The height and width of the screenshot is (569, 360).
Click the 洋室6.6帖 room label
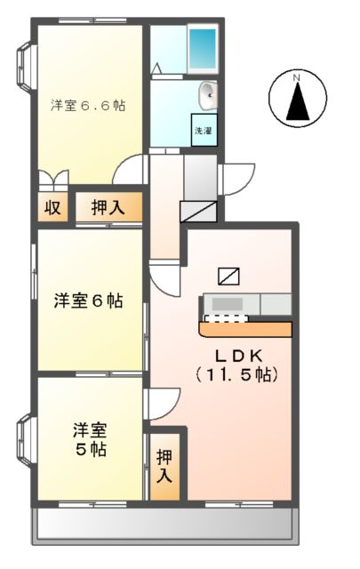(x=87, y=105)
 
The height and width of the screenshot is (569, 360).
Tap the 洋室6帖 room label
(x=87, y=301)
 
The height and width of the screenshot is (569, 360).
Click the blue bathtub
(x=202, y=44)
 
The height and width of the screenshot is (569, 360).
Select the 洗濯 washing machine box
(x=204, y=130)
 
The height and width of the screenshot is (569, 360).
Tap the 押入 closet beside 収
(x=108, y=209)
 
